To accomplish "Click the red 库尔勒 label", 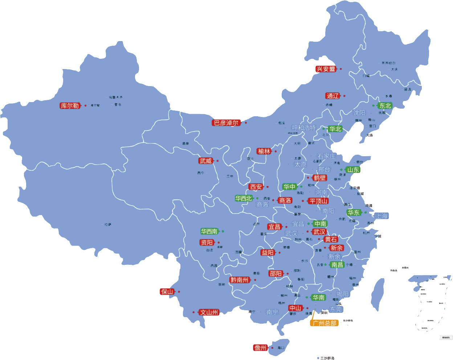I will click(x=70, y=106).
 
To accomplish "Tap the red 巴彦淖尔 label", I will click(x=226, y=123).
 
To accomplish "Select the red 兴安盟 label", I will click(x=326, y=69).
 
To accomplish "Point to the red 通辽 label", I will click(x=332, y=96).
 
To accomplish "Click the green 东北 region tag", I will click(x=385, y=106).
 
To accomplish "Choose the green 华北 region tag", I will click(x=335, y=129).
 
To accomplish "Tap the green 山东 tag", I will click(x=352, y=170).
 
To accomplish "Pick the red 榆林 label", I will click(x=264, y=151).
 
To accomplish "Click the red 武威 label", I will click(x=205, y=161).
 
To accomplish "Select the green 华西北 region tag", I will click(x=244, y=198).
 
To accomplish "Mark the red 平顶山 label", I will click(x=318, y=201).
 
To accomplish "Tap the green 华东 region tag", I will click(x=353, y=213).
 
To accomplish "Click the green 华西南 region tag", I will click(x=209, y=231).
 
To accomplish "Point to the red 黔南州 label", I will click(x=240, y=280).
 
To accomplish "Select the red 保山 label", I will click(x=167, y=292).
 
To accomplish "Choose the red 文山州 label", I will click(x=209, y=312).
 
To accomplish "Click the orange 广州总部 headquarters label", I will click(x=324, y=323).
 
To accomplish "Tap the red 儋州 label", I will click(x=260, y=348).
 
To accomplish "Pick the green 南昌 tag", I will click(x=337, y=265).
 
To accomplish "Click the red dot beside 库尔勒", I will click(x=86, y=106).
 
